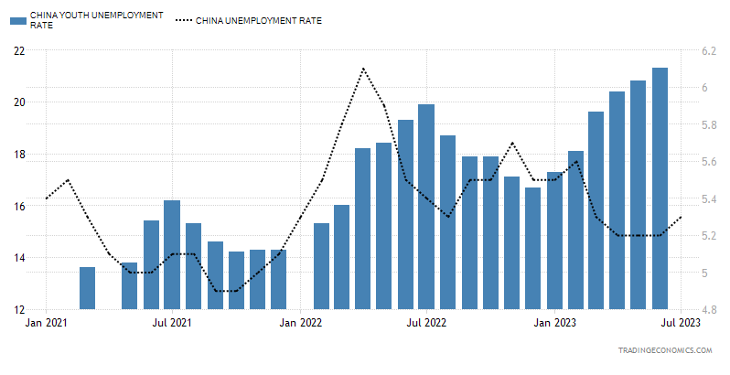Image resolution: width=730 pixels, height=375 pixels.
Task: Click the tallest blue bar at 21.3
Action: pos(660,188)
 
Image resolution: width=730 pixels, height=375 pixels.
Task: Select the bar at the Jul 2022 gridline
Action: pos(426,207)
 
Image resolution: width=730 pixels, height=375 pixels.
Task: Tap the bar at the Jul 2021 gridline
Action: pos(172,255)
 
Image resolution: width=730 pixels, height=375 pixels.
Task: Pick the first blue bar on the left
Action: pos(88,288)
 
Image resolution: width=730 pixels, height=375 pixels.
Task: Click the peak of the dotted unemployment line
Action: pos(363,69)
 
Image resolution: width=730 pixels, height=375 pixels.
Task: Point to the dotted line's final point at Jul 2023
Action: pos(682,217)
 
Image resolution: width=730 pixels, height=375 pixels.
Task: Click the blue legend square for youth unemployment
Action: pos(17,20)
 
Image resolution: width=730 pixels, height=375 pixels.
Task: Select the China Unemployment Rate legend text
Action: pos(258,20)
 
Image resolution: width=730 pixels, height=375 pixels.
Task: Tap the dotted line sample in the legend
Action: pos(184,20)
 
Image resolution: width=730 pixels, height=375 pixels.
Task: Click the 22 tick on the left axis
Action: pos(19,50)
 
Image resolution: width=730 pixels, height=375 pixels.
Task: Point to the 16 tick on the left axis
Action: pos(19,206)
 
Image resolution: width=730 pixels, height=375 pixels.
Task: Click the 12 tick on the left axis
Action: pos(19,309)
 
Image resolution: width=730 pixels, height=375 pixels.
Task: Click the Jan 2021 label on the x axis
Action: pos(46,323)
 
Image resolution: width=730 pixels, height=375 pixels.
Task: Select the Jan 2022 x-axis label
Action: pos(300,323)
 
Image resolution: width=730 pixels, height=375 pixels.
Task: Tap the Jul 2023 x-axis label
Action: pos(681,323)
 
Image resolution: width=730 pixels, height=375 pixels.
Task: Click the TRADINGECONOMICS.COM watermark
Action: pos(665,350)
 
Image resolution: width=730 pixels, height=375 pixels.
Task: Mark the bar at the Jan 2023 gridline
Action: pos(554,241)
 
